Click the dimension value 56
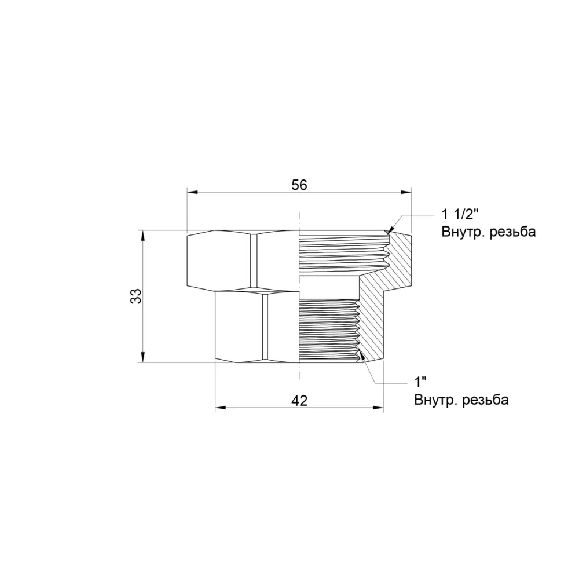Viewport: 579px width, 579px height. point(299,185)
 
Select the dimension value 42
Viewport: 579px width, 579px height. point(299,400)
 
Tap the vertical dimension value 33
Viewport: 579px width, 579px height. point(136,296)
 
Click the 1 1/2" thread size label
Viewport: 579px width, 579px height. point(460,214)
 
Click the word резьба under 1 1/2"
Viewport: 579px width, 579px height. point(512,232)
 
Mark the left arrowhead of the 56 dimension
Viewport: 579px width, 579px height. point(193,192)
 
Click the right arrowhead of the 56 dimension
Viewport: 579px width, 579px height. point(406,192)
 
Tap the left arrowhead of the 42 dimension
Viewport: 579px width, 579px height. point(221,408)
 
